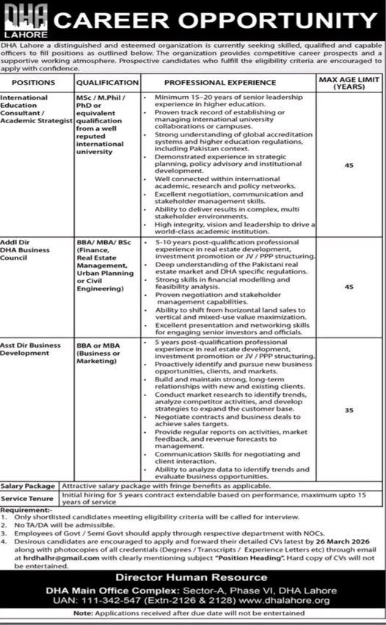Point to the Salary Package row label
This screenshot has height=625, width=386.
(28, 486)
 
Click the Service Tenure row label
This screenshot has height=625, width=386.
(28, 498)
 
